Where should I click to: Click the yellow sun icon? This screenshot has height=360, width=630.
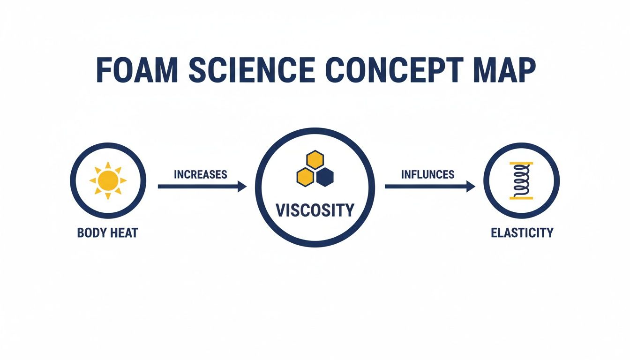(x=108, y=180)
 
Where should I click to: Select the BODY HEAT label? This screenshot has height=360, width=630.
(x=108, y=233)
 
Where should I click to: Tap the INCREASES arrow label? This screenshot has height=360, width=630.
(x=201, y=174)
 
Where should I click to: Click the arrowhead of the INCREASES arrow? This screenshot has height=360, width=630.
(x=242, y=187)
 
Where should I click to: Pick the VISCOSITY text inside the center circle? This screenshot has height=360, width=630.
(x=315, y=210)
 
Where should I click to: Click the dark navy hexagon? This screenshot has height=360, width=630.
(x=324, y=177)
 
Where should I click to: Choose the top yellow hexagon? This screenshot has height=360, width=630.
(x=315, y=160)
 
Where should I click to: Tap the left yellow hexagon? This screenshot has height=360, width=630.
(x=305, y=176)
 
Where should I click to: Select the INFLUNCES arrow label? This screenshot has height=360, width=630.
(x=428, y=174)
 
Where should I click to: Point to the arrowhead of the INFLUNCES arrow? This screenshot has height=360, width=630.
(x=471, y=187)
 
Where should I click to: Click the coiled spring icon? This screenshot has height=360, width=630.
(x=521, y=181)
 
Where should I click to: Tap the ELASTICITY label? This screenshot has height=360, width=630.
(x=522, y=232)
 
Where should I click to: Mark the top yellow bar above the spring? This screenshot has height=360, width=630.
(x=521, y=164)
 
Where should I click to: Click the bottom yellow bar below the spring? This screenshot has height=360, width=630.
(x=521, y=198)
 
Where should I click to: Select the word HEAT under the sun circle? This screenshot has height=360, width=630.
(x=124, y=233)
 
